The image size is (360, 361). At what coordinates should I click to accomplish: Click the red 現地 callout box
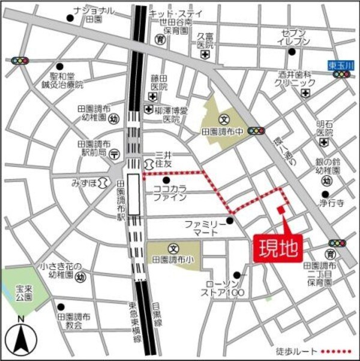[x=279, y=248]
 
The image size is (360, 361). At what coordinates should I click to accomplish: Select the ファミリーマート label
[x=205, y=228]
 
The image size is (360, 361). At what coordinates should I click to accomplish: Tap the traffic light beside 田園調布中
[x=257, y=130]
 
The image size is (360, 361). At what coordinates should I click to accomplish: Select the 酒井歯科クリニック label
[x=296, y=79]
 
